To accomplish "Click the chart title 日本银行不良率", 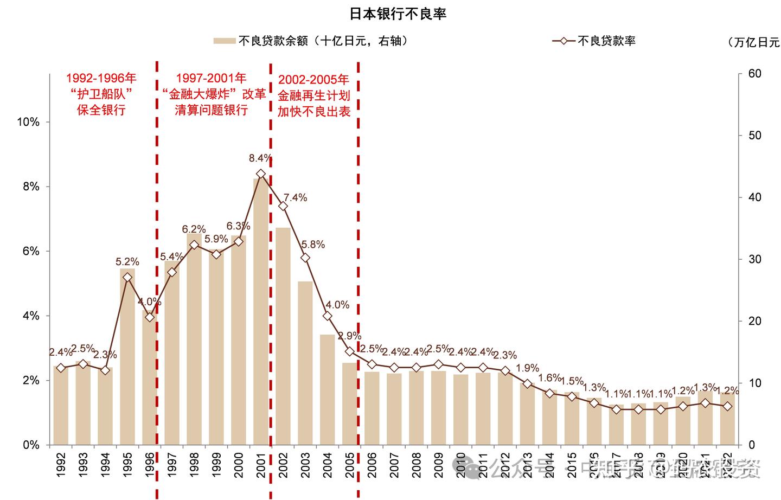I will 398,14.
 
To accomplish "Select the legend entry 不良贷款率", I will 606,41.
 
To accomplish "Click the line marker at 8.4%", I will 260,174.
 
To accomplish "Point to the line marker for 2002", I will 283,206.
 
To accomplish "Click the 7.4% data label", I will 295,197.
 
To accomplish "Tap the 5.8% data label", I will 312,245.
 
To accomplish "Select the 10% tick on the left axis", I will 28,122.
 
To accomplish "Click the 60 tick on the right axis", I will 754,74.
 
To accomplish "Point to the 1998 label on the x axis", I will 194,466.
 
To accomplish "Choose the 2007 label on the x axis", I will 394,466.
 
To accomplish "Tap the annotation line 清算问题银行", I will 211,110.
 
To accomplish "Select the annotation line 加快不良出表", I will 314,112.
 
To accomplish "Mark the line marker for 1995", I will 127,277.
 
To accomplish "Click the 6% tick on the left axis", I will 30,251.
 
